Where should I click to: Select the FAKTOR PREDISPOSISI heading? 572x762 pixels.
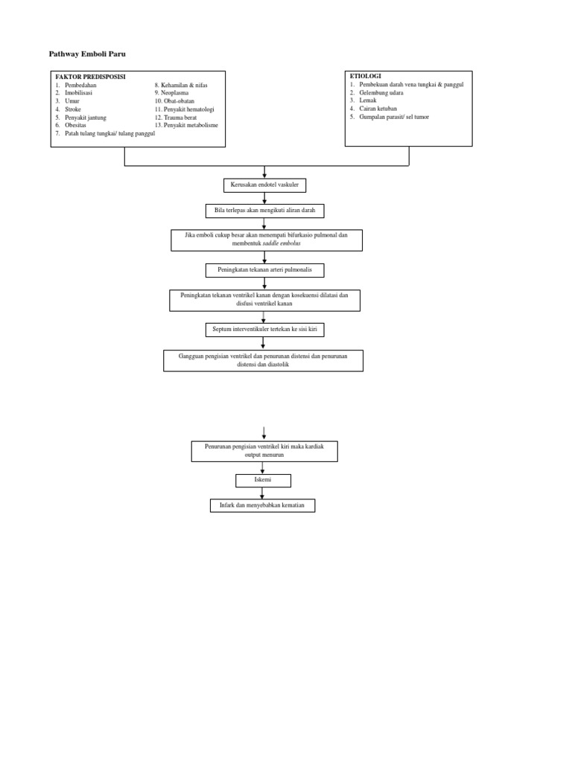coord(90,77)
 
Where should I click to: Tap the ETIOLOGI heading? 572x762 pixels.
coord(365,76)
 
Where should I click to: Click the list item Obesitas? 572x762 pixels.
coord(75,125)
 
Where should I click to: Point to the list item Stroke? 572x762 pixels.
coord(73,109)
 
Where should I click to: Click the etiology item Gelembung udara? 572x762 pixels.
coord(381,92)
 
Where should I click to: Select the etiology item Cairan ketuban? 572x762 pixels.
coord(378,109)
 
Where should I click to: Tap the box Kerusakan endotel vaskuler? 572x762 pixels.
coord(264,185)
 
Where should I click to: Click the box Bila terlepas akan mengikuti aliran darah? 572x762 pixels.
coord(264,211)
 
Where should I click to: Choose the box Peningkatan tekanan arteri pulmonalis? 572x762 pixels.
coord(264,270)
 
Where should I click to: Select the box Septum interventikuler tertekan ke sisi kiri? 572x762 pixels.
coord(264,328)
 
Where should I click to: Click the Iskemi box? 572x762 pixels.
coord(263,480)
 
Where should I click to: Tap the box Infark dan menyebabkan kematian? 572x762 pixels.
coord(262,505)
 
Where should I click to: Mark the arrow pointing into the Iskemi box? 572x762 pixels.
coord(263,468)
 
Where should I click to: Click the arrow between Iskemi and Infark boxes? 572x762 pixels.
coord(263,493)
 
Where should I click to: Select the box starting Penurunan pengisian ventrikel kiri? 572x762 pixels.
coord(264,450)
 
